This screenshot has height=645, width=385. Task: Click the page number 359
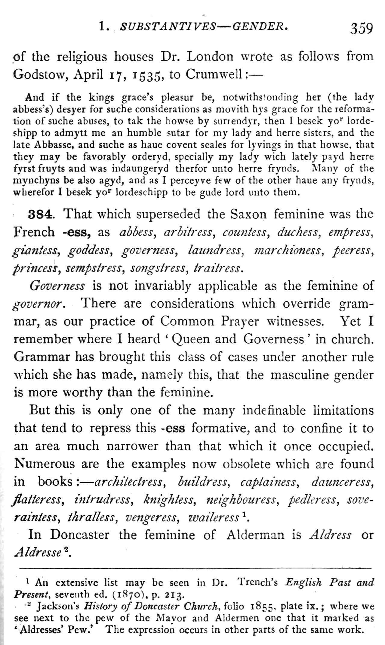pyautogui.click(x=361, y=29)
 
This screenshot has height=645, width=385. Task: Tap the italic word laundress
pyautogui.click(x=215, y=250)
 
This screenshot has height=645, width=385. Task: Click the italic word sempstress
pyautogui.click(x=94, y=268)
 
